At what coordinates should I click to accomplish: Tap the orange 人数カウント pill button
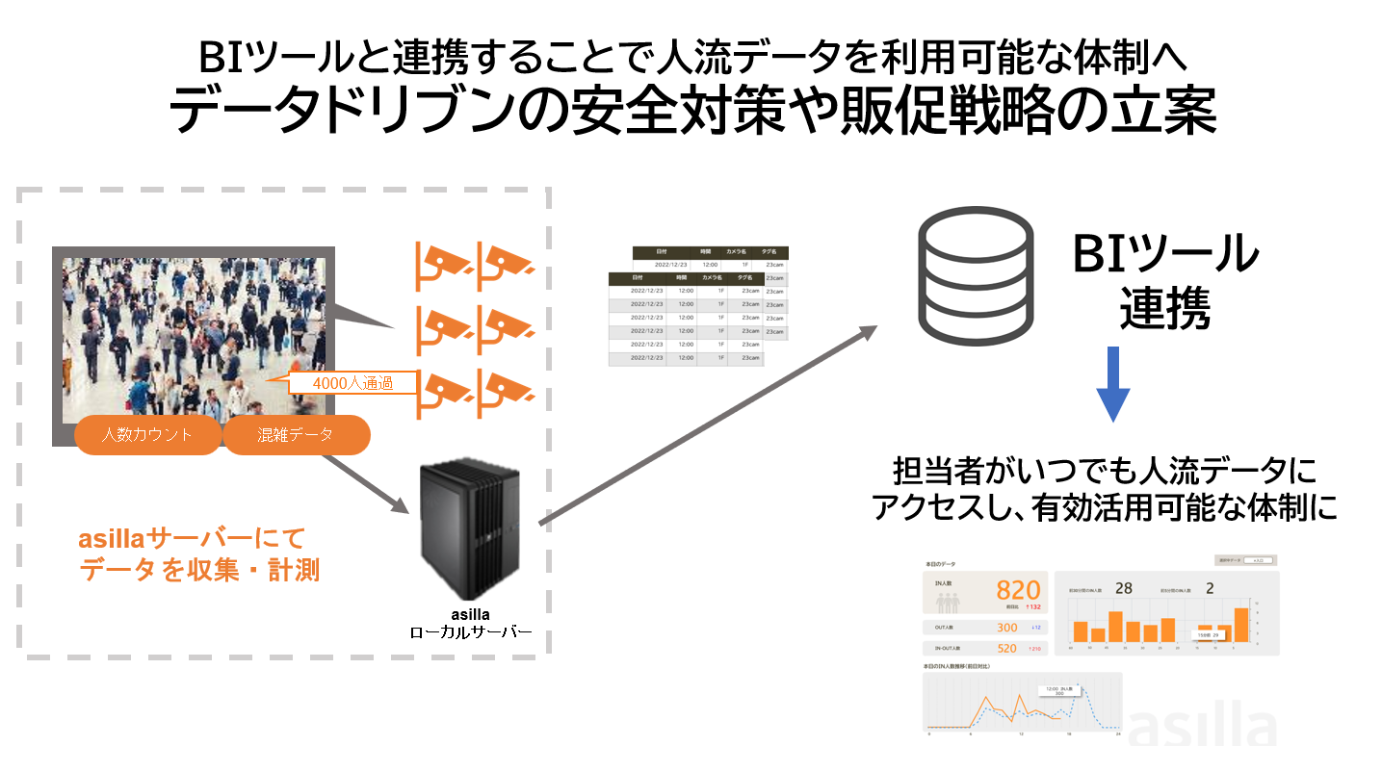point(147,434)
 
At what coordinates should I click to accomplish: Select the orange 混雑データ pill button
point(296,434)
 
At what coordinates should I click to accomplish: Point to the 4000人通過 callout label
point(352,383)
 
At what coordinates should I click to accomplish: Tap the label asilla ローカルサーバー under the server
point(471,624)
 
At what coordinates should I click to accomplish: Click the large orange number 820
point(1018,590)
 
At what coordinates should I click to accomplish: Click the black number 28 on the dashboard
point(1124,588)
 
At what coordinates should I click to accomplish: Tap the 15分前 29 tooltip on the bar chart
point(1206,635)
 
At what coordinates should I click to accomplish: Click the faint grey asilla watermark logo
point(1203,728)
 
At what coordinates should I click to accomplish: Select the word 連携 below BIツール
point(1164,311)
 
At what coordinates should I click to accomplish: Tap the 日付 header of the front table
point(638,277)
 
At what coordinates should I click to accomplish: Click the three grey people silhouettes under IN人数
point(948,603)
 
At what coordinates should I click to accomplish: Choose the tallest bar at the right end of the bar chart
point(1241,625)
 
